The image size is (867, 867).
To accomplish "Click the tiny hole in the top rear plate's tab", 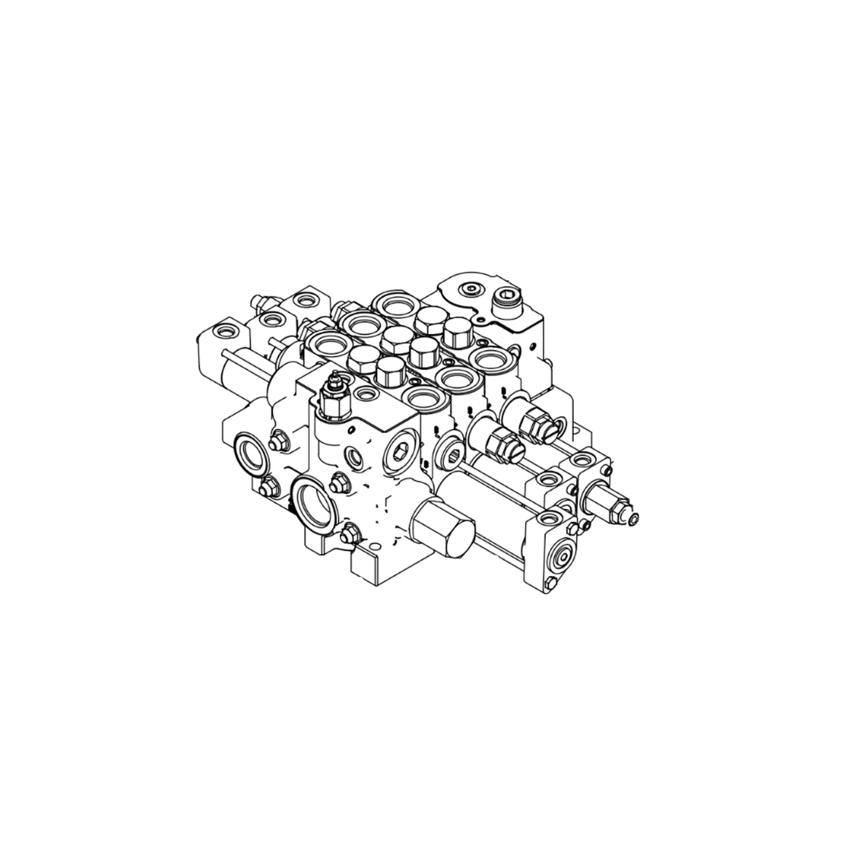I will coord(482,319).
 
